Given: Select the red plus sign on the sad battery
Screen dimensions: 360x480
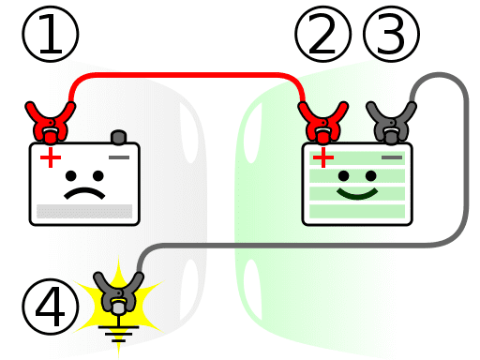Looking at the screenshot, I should pos(47,157).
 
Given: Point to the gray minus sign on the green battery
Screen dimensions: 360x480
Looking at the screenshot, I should pos(392,157).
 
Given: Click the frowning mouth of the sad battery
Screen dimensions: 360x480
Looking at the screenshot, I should pos(83,193).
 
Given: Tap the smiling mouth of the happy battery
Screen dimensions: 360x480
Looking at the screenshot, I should pos(356,194).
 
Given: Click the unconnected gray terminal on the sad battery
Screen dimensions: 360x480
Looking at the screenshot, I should pos(118,137).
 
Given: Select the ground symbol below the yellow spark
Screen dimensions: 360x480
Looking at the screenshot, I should pos(118,329).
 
